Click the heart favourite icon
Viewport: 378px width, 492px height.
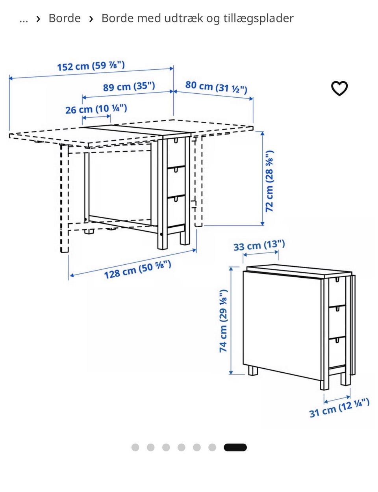(339, 88)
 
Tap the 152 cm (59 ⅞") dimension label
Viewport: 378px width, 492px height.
(91, 66)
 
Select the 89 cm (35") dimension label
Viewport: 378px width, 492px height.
(129, 87)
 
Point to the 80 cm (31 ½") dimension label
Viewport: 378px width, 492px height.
(216, 87)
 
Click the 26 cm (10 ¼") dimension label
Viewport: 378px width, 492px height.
(96, 109)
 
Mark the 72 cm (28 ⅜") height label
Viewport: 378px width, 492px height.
(269, 181)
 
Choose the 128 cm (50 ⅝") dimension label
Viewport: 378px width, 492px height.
(137, 269)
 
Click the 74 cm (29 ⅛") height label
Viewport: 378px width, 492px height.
(224, 321)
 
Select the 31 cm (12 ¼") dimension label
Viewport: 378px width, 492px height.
(339, 408)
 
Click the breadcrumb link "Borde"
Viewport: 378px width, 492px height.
(65, 18)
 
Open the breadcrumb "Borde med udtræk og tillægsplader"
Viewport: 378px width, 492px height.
(197, 19)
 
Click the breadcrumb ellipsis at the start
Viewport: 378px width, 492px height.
(24, 20)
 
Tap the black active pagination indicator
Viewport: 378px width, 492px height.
(235, 447)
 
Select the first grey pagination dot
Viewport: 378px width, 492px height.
(135, 447)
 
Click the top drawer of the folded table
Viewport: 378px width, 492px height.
(337, 292)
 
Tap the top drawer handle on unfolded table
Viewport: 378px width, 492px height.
(176, 140)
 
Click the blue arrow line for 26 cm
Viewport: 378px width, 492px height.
(96, 117)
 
